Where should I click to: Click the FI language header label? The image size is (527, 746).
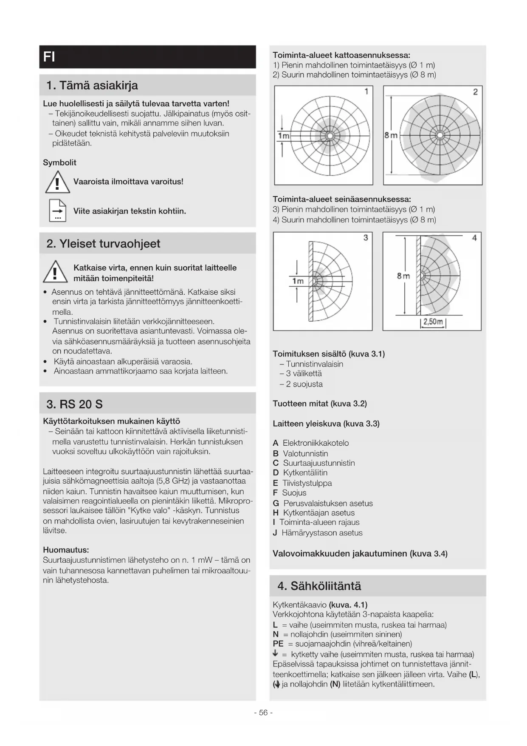coord(49,57)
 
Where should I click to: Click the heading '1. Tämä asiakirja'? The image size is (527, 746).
coord(92,85)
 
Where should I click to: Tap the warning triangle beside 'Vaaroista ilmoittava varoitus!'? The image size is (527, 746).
coord(57,182)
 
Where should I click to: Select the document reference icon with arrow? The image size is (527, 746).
coord(58,211)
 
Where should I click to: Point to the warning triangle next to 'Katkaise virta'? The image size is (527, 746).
coord(55,272)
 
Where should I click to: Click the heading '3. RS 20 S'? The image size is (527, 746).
coord(75,404)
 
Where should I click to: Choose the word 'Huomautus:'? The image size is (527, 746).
coord(66,550)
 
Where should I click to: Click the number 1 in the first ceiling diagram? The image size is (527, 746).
coord(366,91)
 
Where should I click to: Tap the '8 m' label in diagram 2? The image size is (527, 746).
coord(391,135)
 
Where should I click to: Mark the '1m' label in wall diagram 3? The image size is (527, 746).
coord(298,281)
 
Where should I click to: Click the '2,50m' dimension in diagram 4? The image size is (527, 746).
coord(433,322)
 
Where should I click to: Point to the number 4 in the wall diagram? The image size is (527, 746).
coord(474,238)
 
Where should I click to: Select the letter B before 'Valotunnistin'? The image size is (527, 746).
coord(276,453)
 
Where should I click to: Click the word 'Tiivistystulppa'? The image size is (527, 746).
coord(307,483)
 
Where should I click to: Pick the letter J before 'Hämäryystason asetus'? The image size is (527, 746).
coord(275,533)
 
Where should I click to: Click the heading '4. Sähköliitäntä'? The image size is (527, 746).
coord(319,586)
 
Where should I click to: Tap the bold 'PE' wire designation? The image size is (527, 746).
coord(278,644)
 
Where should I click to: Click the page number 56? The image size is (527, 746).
coord(263,713)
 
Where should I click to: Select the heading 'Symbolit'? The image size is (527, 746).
coord(60,162)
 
